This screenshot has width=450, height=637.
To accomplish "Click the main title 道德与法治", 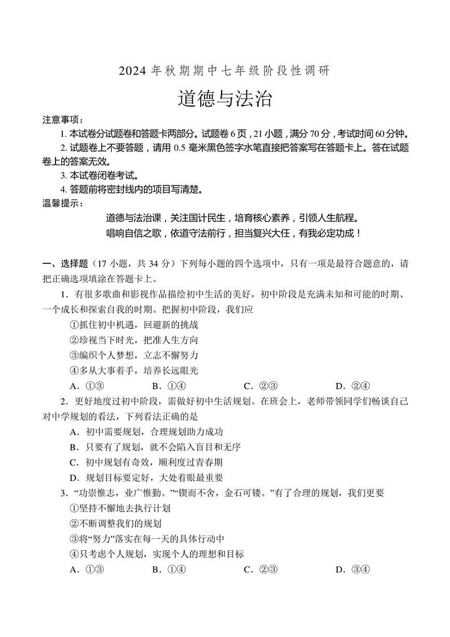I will click(x=225, y=99).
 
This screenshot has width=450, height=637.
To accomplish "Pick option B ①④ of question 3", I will click(x=169, y=569).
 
